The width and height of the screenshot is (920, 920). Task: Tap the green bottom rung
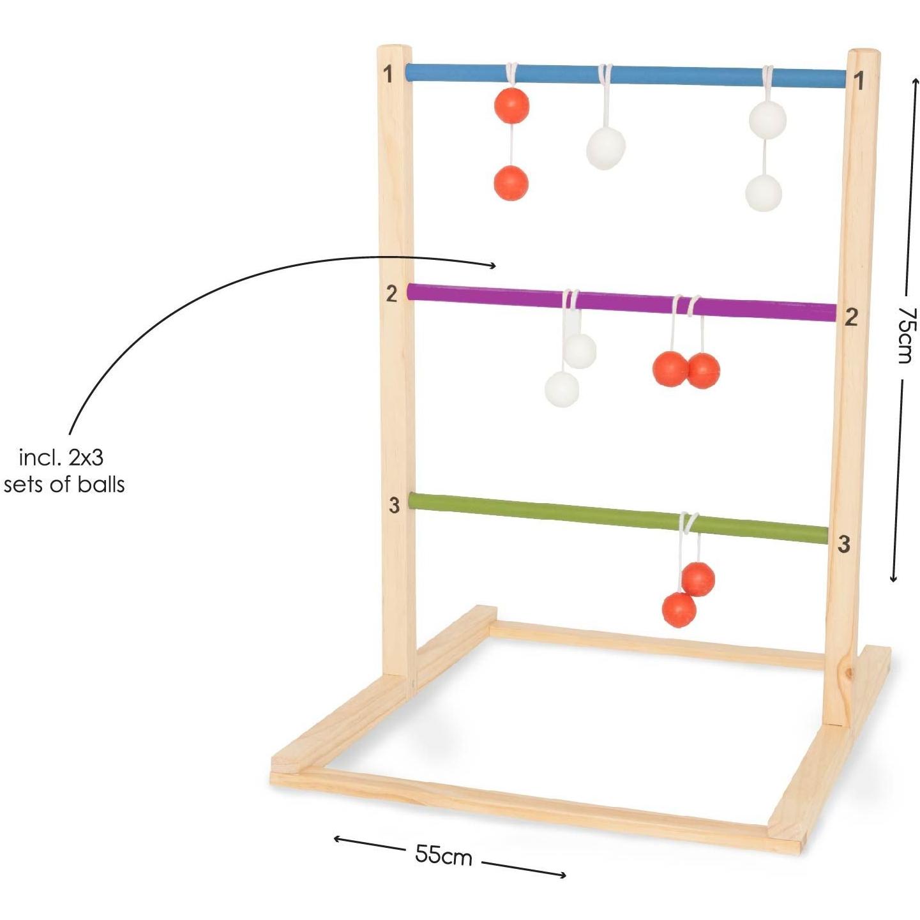point(618,518)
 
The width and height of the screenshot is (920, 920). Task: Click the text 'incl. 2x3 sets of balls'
point(63,471)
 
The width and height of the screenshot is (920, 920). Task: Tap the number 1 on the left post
point(388,74)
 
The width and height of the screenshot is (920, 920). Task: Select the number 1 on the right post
point(859,81)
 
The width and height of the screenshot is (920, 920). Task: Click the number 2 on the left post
point(391,294)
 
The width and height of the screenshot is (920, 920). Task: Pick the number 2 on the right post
point(851,317)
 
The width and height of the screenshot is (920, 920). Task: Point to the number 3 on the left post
point(394,505)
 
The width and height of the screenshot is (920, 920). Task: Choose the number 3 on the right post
point(843,544)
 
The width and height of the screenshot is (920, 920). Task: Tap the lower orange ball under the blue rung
point(511,183)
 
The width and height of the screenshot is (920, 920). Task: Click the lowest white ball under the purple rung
point(562,389)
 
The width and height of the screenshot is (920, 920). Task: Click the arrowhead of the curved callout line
point(495,266)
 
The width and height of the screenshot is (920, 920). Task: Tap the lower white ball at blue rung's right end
point(764,193)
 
